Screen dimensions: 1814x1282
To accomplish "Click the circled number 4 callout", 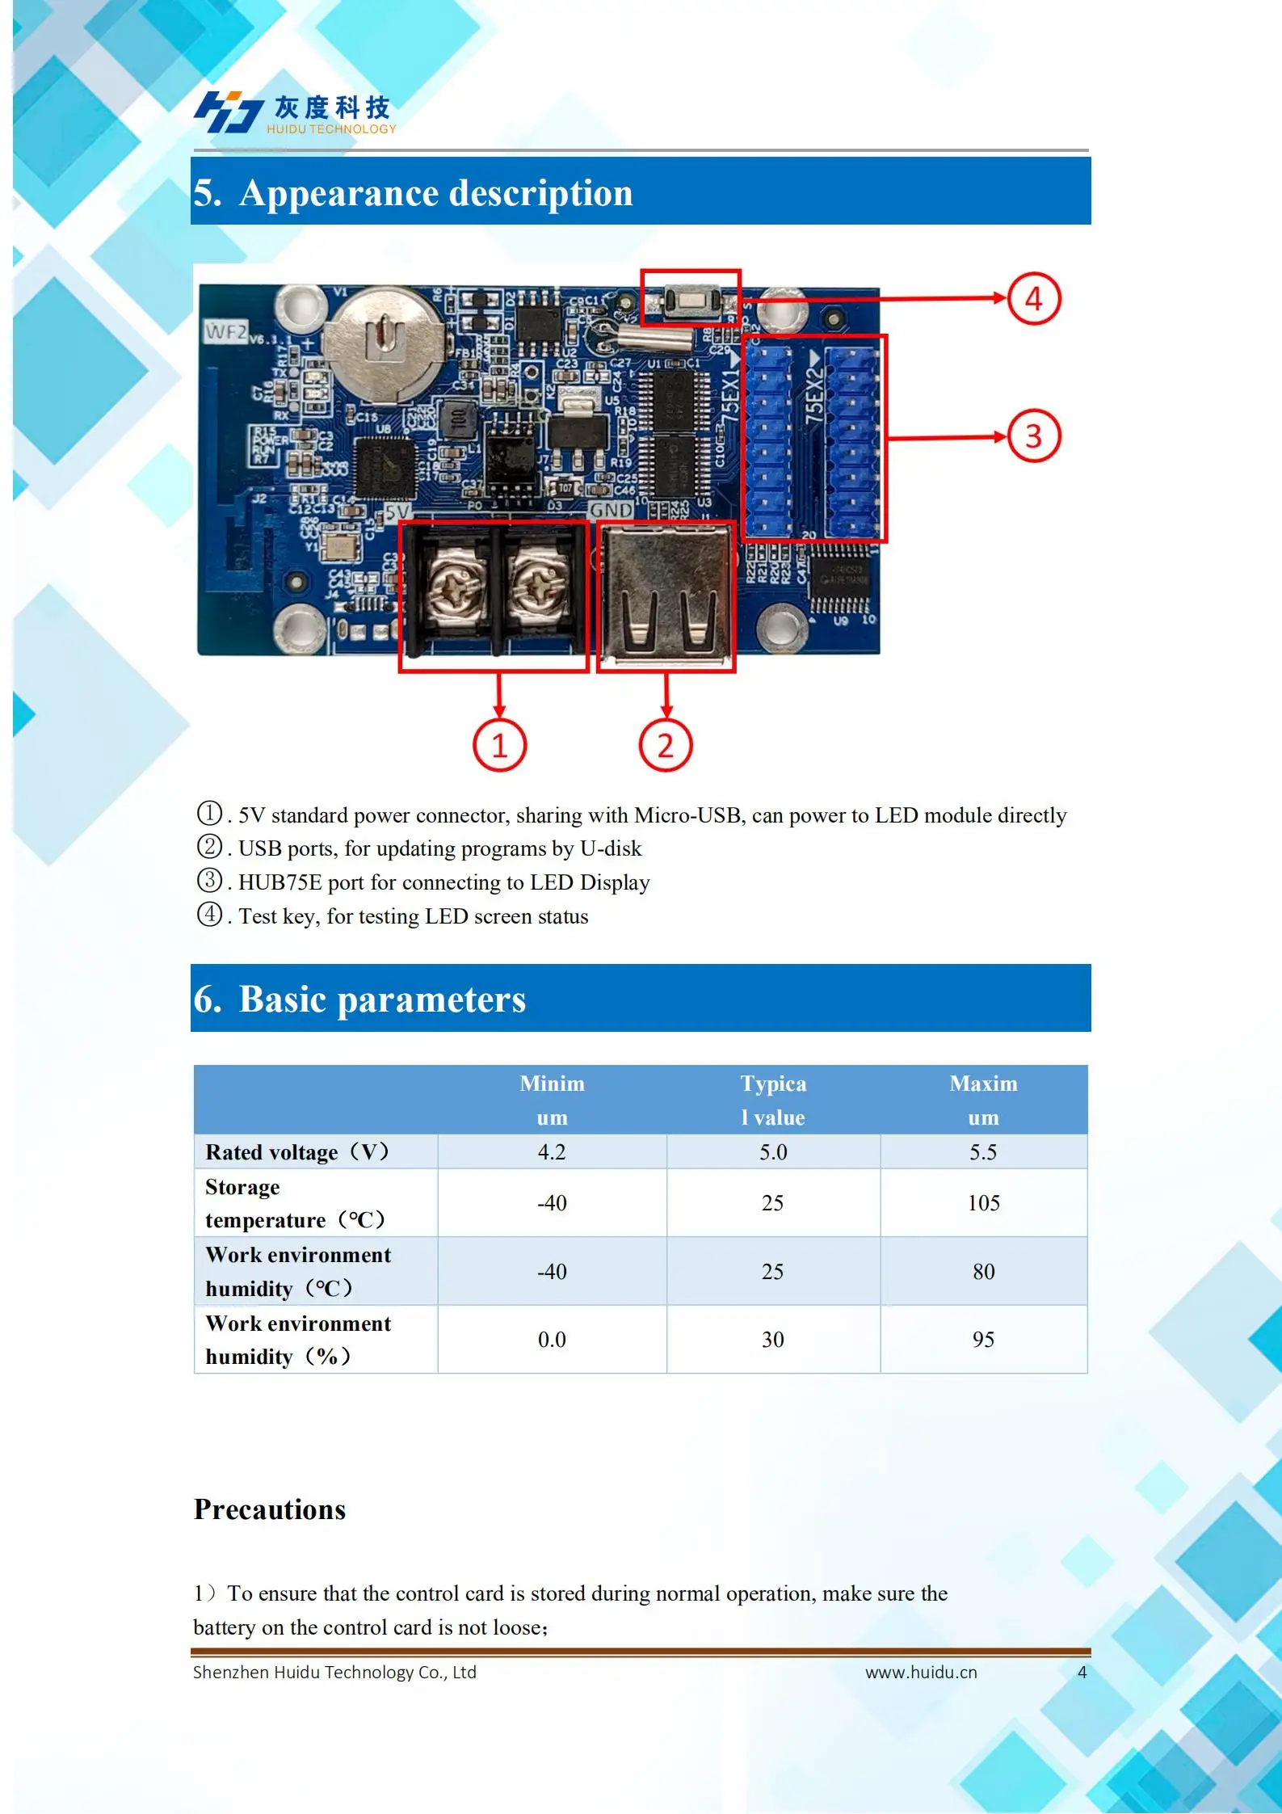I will (1033, 299).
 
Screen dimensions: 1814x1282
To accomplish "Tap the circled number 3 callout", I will (1033, 436).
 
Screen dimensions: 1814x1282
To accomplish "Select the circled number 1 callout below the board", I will (499, 744).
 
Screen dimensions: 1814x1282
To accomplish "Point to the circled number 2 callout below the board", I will (666, 744).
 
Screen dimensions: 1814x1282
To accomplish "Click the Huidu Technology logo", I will (295, 112).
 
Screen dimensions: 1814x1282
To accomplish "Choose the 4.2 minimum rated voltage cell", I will (552, 1152).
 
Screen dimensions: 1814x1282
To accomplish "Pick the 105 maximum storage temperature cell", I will (983, 1203).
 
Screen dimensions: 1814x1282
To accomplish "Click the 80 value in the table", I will (983, 1272).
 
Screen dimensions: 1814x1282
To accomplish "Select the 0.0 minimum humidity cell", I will (552, 1340).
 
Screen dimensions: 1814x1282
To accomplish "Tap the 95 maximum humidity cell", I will (983, 1340).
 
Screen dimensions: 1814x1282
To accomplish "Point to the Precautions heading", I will (270, 1509).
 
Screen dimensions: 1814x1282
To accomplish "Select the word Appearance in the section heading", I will (338, 193).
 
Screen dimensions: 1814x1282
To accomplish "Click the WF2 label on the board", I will (225, 331).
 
